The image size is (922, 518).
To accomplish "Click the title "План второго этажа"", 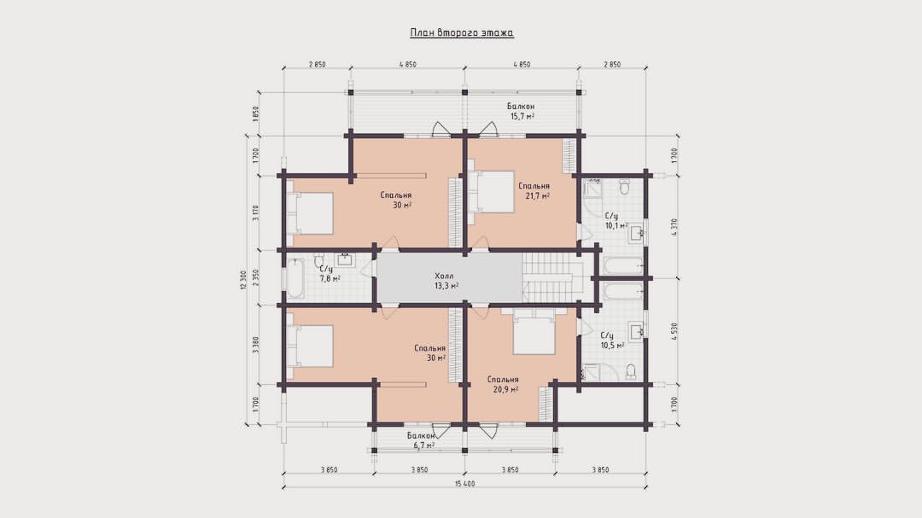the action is (x=462, y=33).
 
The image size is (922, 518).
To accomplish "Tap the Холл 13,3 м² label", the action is (x=446, y=281).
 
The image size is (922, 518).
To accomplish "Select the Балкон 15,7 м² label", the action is (x=521, y=112).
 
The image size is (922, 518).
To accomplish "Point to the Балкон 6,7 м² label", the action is (x=421, y=441).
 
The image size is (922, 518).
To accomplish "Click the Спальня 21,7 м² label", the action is (x=534, y=190).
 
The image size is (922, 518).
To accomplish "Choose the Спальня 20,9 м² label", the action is (x=503, y=385).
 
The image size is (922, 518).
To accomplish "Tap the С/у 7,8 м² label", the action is (x=330, y=274).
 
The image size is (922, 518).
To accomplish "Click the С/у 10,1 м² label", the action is (x=616, y=221).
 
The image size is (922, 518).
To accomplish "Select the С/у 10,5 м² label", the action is (x=612, y=340).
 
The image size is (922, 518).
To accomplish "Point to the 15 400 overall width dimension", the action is (x=464, y=484).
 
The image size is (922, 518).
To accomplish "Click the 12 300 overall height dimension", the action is (x=242, y=280).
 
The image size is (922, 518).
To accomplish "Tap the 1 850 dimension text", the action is (x=255, y=113).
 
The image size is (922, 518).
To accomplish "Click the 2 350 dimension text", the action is (x=255, y=277).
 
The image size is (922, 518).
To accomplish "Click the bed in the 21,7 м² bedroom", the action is (x=492, y=192).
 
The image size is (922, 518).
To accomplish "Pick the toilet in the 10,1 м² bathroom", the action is (x=624, y=187).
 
